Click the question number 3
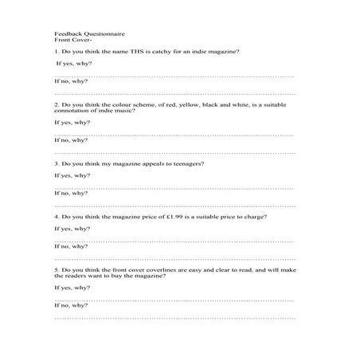click(56, 163)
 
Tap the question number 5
click(56, 270)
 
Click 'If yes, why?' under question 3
click(71, 175)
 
